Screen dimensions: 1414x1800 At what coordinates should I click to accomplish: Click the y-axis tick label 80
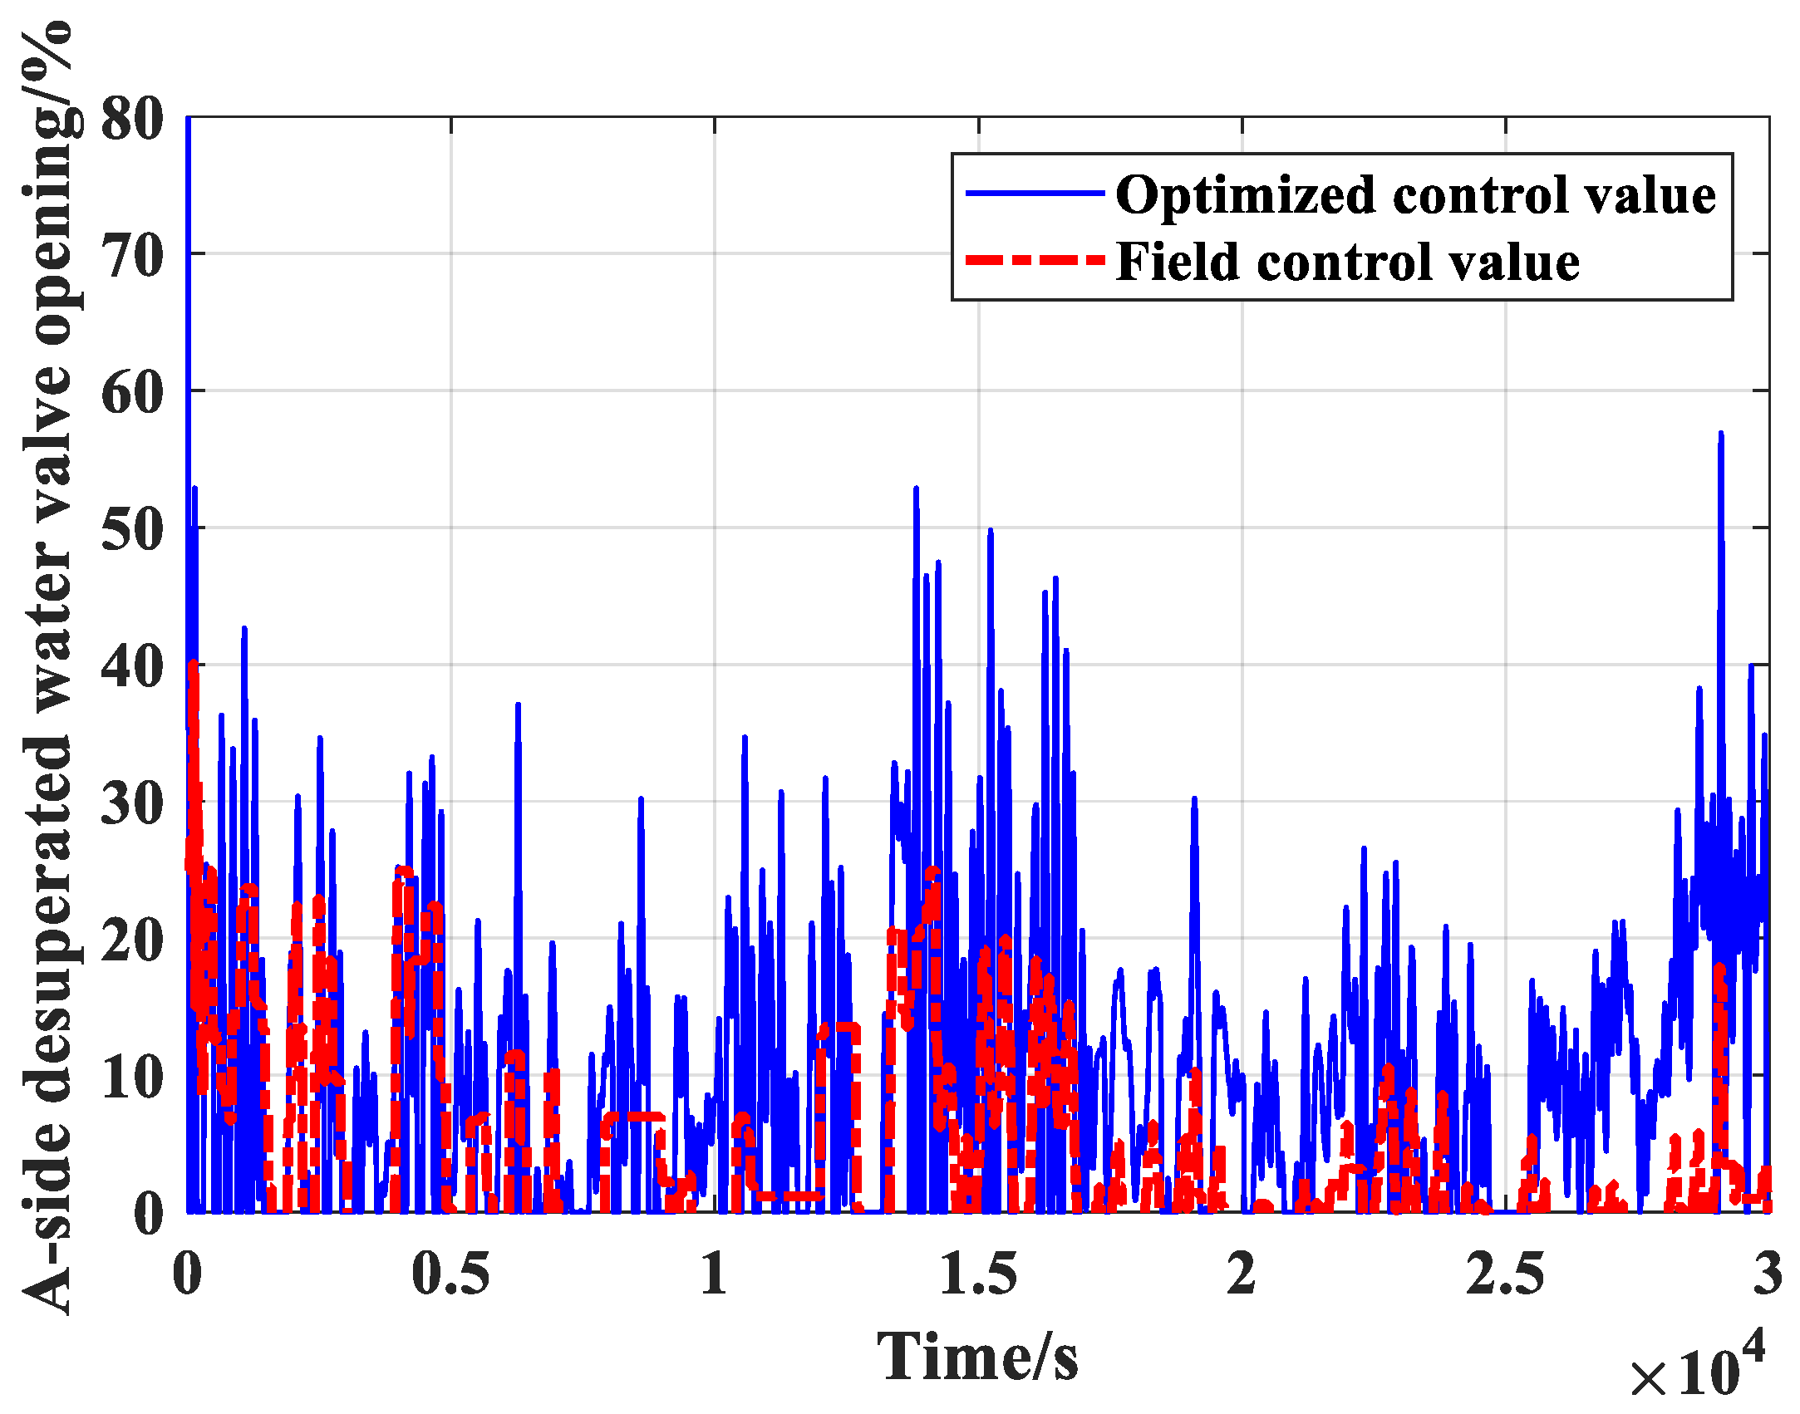pos(132,119)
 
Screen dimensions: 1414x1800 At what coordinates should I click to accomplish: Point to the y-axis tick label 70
pos(132,256)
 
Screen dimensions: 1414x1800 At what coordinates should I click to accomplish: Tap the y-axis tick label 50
pos(132,530)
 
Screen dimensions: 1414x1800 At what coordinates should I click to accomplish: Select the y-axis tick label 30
pos(132,803)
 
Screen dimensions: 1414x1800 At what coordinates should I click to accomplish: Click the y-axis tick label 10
pos(132,1078)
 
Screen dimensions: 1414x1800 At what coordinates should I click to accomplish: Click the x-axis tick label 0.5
pos(450,1274)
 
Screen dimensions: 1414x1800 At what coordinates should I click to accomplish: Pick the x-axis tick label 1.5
pos(978,1274)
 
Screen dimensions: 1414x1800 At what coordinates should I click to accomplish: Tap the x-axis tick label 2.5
pos(1505,1274)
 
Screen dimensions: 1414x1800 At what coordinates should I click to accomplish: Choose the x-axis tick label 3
pos(1768,1274)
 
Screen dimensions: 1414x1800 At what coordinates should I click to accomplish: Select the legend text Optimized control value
pos(1415,195)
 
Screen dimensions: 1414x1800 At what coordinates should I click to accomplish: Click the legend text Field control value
pos(1347,263)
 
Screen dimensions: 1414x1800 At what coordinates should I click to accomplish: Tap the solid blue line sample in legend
pos(1035,194)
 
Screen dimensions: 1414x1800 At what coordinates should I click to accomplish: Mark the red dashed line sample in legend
pos(1035,261)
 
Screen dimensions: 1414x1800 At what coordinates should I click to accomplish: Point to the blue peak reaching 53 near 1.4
pos(916,489)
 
